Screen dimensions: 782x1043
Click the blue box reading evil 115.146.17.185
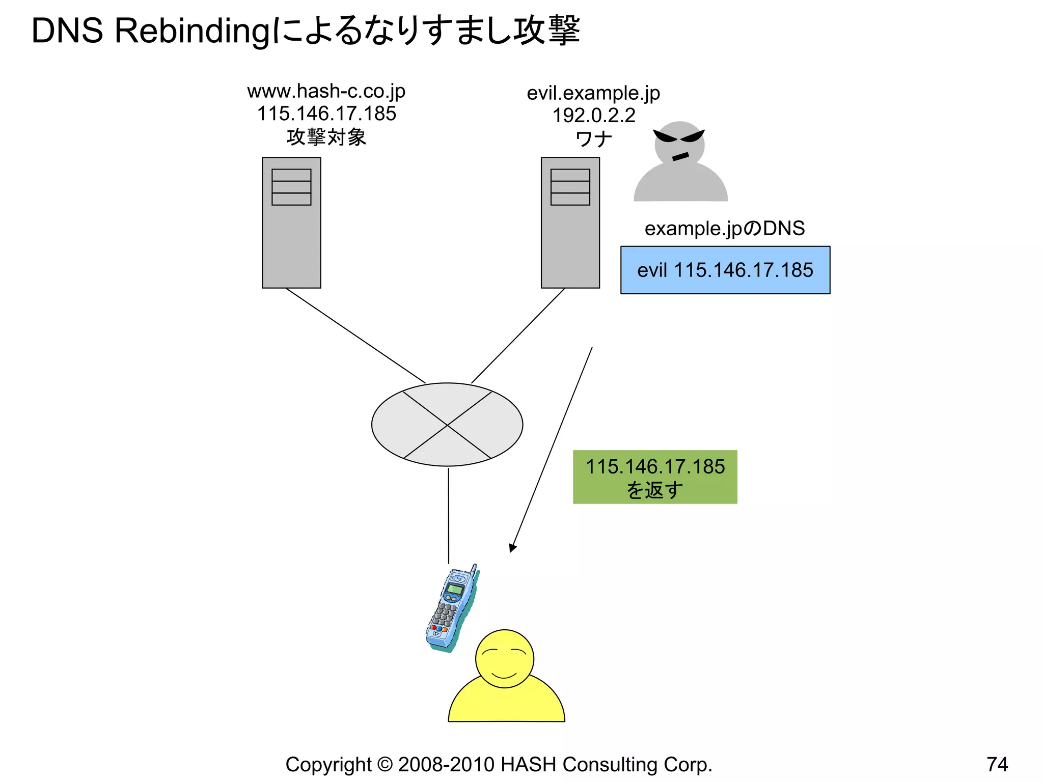[x=725, y=270]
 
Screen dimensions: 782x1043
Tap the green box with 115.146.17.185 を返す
[x=654, y=477]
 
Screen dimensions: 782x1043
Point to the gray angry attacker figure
[x=680, y=163]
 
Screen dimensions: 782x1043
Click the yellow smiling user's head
[x=504, y=659]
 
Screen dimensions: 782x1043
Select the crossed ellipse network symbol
[x=447, y=425]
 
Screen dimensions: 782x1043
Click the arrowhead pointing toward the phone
[x=512, y=548]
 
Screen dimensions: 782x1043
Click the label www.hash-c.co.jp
[x=326, y=92]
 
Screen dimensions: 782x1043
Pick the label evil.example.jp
[x=593, y=93]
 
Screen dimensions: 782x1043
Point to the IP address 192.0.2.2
[x=594, y=116]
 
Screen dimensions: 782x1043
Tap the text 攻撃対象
[x=326, y=137]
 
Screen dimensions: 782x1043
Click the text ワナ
[x=593, y=139]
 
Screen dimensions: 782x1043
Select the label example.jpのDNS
[x=724, y=229]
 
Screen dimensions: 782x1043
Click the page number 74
[x=997, y=764]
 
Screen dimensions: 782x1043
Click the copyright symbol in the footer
[x=385, y=765]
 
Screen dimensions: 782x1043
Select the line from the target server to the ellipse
[x=355, y=336]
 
